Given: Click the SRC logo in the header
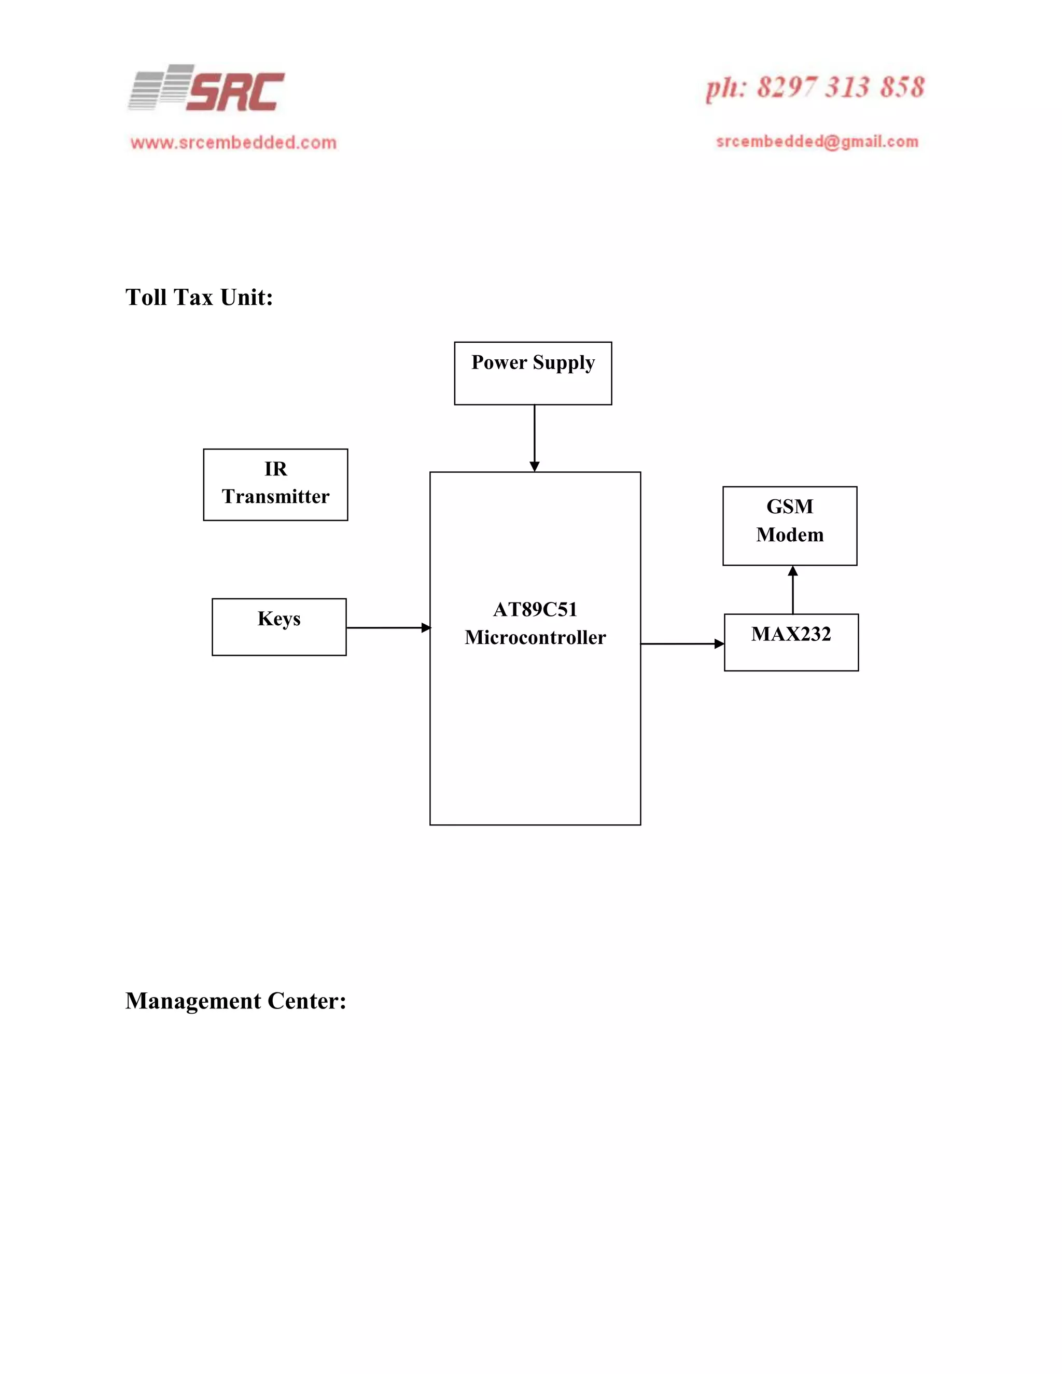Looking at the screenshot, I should tap(207, 89).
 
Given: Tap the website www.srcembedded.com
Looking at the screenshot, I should tap(233, 143).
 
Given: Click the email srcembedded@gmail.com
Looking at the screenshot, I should tap(817, 142).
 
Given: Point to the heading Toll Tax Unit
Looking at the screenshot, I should tap(199, 298).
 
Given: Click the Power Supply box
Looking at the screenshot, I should tap(533, 374).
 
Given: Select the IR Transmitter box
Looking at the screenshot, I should tap(275, 484).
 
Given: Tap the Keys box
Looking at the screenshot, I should tap(278, 627).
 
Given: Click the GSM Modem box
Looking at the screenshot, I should tap(790, 526).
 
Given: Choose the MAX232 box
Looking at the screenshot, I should tap(791, 642).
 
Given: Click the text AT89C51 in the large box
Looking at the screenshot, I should tap(535, 609).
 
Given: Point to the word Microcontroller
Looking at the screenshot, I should tap(535, 637).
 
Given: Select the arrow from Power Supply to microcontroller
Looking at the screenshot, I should tap(534, 438).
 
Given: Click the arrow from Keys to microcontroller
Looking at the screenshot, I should tap(387, 627).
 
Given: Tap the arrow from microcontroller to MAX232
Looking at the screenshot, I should tap(682, 643).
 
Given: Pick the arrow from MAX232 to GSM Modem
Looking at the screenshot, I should tap(793, 590).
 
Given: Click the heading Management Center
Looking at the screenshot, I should tap(236, 1001).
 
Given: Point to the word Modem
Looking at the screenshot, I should tap(790, 535).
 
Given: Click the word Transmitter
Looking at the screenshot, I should tap(275, 496).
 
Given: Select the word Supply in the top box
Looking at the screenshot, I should tap(564, 363).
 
